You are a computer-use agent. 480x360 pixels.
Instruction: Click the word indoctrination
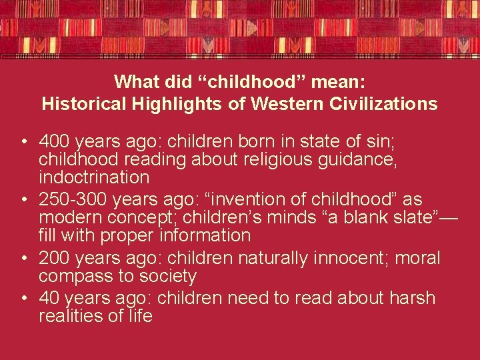(x=94, y=178)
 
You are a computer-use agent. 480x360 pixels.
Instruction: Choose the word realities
(x=71, y=316)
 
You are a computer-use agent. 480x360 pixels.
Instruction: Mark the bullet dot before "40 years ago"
(x=23, y=298)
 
